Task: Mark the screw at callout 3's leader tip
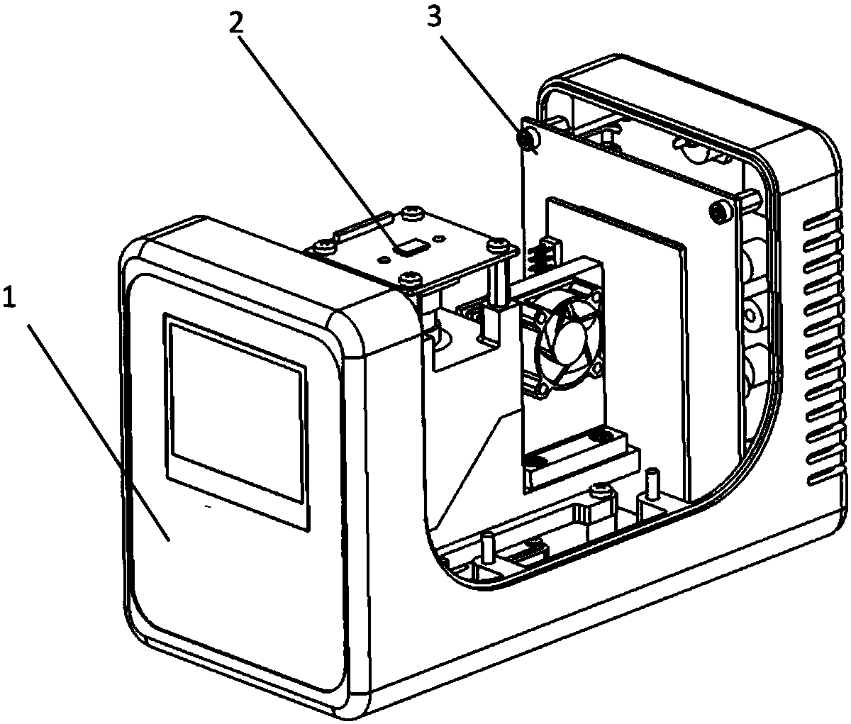coord(528,138)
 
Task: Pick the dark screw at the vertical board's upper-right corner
coord(718,211)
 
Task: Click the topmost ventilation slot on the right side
coord(822,216)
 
